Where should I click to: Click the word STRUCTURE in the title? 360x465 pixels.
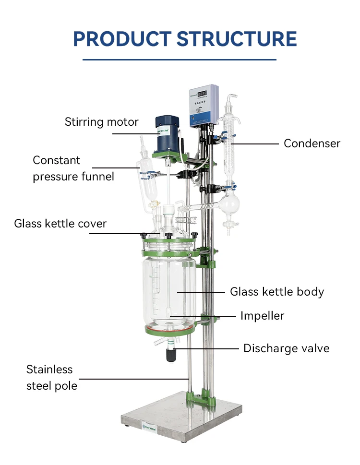pos(235,38)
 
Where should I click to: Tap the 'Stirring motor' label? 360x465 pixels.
pos(101,122)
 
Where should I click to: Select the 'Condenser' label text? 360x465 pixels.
pos(312,143)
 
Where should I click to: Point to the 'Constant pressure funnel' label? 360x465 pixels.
pos(73,168)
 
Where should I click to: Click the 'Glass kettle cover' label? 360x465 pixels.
pos(60,223)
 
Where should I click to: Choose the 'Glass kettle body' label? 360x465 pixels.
pos(277,291)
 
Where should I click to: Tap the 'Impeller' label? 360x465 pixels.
pos(262,315)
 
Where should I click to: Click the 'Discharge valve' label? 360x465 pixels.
pos(286,348)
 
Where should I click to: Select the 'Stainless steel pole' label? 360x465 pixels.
pos(51,377)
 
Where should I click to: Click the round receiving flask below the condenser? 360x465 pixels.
pos(229,205)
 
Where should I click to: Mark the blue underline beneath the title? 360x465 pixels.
pos(180,60)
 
